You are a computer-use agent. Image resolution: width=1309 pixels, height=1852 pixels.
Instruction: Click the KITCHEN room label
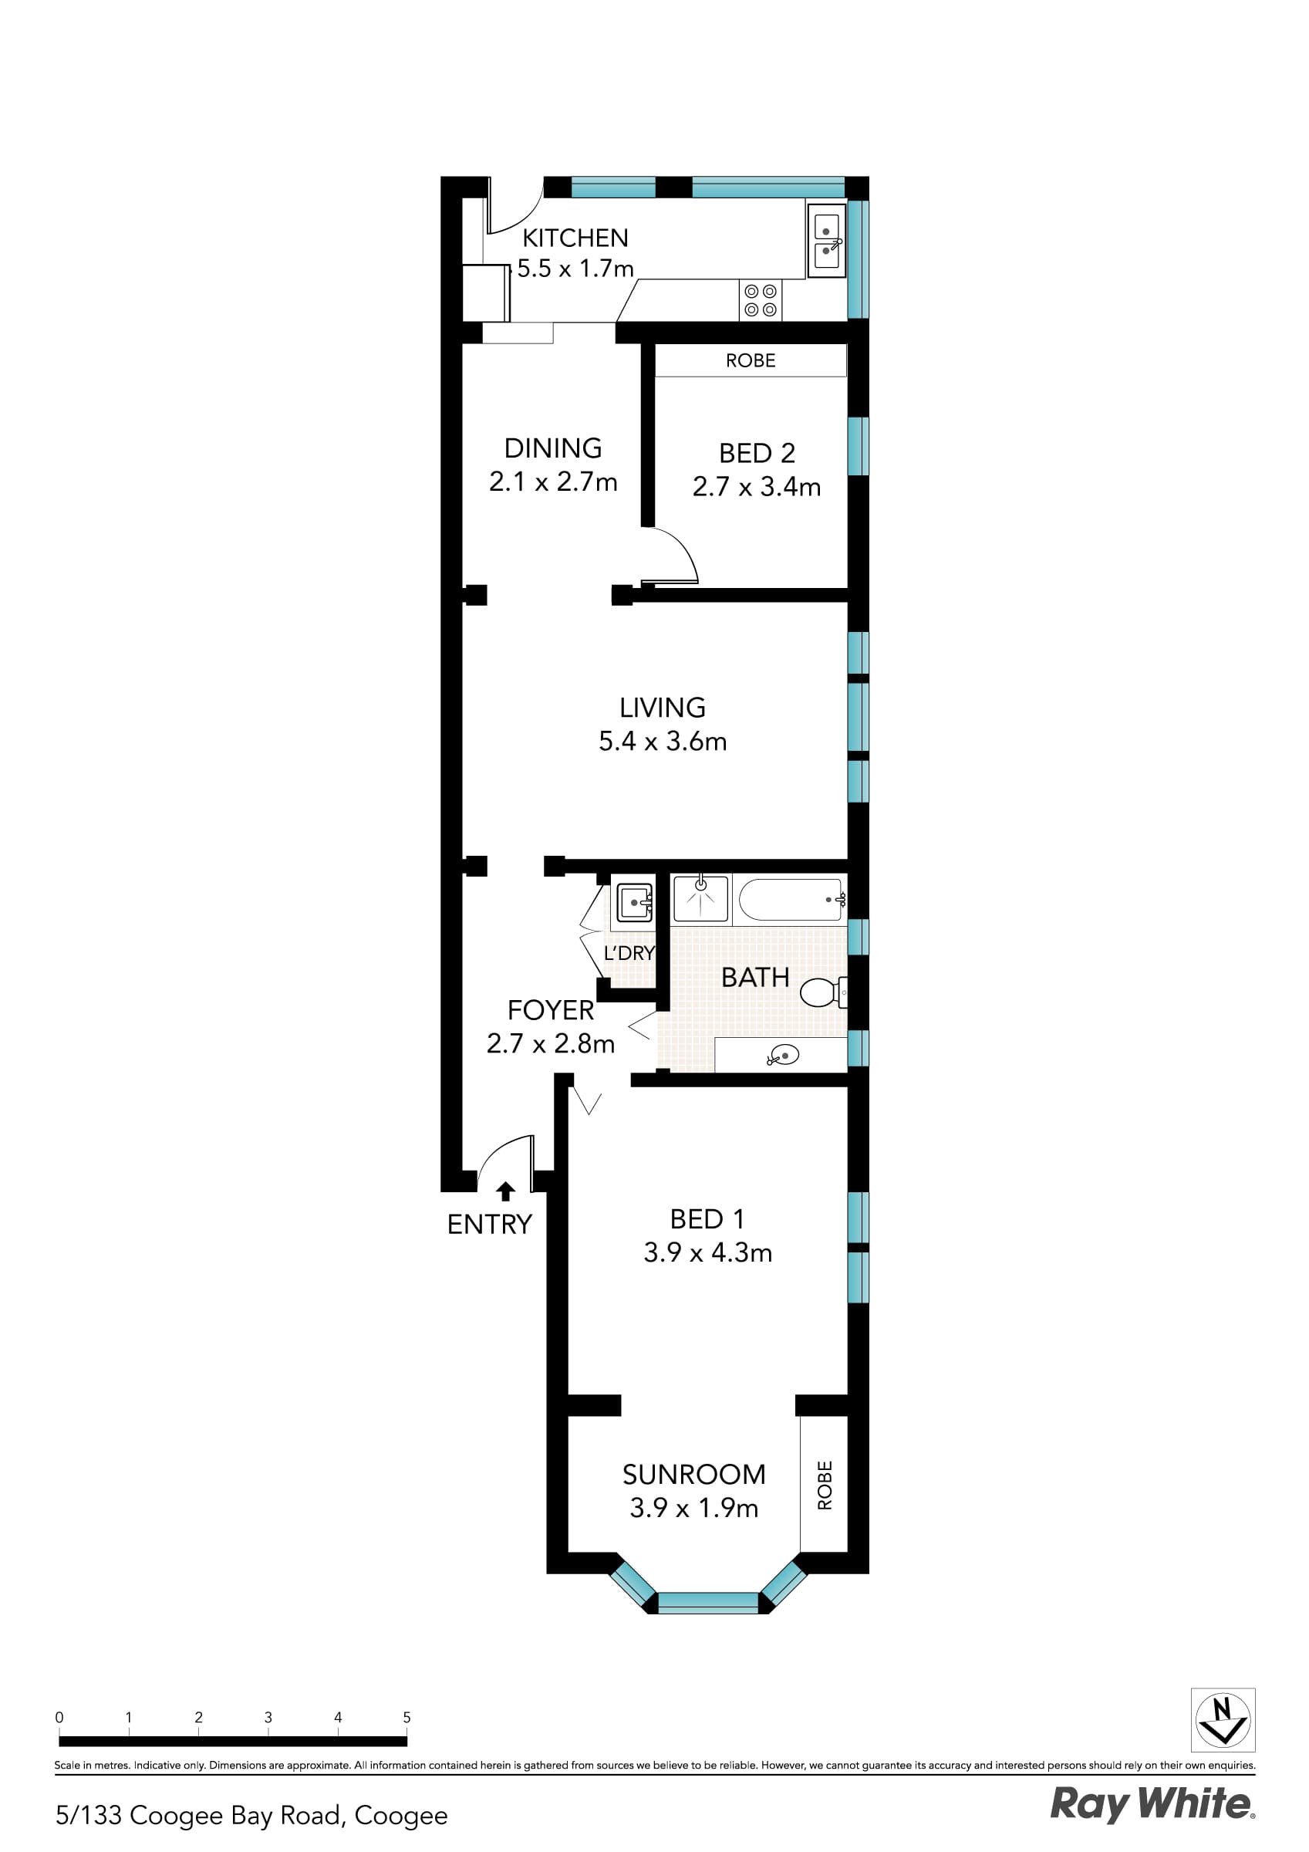point(575,238)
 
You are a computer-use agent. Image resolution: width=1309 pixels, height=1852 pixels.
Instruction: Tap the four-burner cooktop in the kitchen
point(760,300)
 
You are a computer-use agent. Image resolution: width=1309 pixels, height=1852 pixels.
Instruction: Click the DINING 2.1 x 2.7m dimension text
point(553,482)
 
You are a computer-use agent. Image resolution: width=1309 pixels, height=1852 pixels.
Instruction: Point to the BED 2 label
point(757,453)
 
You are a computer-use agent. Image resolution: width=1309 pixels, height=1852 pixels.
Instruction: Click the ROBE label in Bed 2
point(750,360)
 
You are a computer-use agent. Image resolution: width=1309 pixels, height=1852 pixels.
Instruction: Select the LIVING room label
point(662,708)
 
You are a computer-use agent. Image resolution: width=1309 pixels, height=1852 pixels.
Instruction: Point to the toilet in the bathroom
point(821,992)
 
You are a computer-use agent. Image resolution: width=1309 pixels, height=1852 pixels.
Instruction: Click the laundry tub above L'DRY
point(635,903)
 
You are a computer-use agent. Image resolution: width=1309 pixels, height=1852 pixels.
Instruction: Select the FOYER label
point(550,1010)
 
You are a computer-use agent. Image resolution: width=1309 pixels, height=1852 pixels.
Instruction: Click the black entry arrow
point(506,1191)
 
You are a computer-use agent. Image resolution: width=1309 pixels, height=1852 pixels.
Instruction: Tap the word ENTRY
point(490,1225)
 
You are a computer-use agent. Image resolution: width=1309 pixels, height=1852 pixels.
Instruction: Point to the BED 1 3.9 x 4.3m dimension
point(707,1252)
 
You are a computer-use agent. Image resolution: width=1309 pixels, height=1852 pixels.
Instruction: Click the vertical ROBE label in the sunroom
point(825,1485)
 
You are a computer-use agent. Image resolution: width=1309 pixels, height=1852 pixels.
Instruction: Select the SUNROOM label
point(693,1475)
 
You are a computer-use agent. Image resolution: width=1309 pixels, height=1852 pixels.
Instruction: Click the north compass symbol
point(1223,1720)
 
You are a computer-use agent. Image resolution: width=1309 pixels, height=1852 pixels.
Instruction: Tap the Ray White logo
point(1152,1803)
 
